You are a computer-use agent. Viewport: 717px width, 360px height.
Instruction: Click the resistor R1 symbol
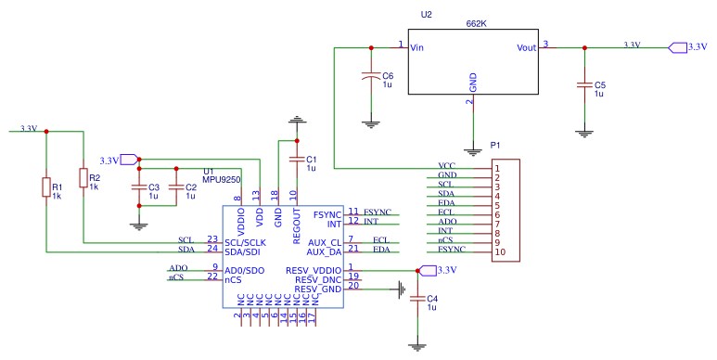[45, 188]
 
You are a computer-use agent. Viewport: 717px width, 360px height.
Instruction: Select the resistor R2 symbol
[83, 177]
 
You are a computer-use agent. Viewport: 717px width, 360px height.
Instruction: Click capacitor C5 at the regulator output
[584, 85]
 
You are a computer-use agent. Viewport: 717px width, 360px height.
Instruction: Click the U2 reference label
[426, 16]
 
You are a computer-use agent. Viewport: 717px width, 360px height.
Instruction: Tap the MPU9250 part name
[222, 180]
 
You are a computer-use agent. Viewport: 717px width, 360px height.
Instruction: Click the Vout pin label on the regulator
[527, 47]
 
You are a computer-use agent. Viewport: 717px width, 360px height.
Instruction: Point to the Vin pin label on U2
[416, 47]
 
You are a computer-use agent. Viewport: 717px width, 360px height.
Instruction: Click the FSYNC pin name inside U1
[329, 214]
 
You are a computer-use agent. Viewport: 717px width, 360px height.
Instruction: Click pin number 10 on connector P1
[498, 251]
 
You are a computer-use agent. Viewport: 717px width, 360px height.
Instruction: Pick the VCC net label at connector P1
[447, 166]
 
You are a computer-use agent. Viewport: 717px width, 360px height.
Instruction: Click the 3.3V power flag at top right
[675, 46]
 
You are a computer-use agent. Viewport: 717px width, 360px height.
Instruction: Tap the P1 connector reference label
[495, 146]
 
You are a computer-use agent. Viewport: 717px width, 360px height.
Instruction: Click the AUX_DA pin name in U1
[325, 251]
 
